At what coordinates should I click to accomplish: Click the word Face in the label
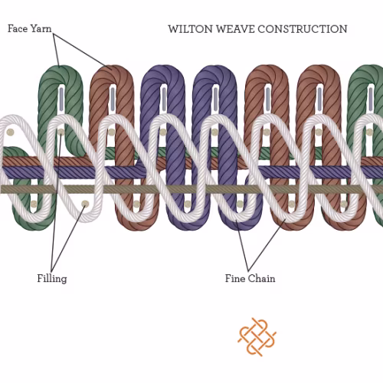point(18,28)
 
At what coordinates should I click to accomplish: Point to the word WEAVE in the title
point(235,29)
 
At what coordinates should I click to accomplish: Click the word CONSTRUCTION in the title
point(303,29)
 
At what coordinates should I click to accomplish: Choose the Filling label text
point(52,278)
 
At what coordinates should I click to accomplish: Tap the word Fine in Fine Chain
point(235,278)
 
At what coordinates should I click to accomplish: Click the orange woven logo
point(257,337)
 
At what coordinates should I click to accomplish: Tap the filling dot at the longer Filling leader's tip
point(61,132)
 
